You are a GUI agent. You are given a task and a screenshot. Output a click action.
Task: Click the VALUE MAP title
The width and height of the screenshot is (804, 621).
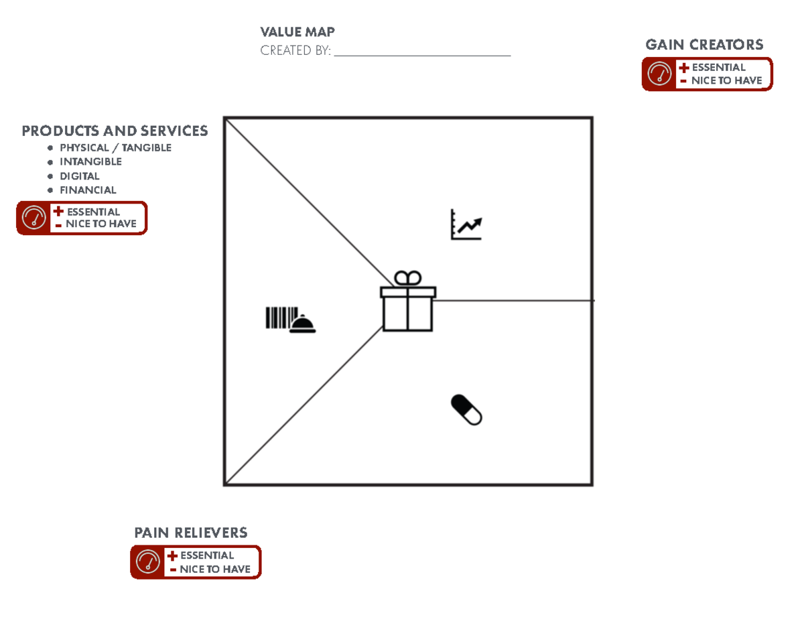297,32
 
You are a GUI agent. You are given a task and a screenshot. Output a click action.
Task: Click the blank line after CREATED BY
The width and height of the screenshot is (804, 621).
422,52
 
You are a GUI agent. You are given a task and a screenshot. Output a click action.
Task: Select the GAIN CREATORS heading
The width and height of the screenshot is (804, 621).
703,45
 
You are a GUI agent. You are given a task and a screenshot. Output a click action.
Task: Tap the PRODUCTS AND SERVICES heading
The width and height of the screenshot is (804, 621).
115,131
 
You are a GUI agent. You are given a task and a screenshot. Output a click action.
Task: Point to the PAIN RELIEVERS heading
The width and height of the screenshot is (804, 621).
191,533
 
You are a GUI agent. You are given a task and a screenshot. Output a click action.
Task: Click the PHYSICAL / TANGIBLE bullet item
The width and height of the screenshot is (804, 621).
115,147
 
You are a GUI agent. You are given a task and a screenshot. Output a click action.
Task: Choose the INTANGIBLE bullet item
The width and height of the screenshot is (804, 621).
90,161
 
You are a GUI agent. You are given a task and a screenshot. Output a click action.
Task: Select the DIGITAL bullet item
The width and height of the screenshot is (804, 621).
80,176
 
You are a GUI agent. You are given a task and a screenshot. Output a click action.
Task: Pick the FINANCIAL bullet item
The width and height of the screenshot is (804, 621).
88,190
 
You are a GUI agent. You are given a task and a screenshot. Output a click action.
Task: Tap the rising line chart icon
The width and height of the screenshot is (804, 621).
466,225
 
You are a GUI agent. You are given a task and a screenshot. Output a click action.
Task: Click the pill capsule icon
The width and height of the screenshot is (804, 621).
466,409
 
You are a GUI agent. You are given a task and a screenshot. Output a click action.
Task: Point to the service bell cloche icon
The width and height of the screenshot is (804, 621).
302,325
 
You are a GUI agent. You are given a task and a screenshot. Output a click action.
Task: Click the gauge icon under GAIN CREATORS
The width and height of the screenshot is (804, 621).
659,74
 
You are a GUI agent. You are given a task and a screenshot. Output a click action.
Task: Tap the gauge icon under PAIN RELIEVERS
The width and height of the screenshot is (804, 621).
147,562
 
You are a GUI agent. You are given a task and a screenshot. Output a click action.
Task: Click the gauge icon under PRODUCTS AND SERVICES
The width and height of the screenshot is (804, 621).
33,218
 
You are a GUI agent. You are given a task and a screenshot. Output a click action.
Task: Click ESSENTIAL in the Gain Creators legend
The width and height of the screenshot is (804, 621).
718,68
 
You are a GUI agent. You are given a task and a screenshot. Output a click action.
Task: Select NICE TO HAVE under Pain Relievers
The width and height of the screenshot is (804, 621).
214,569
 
